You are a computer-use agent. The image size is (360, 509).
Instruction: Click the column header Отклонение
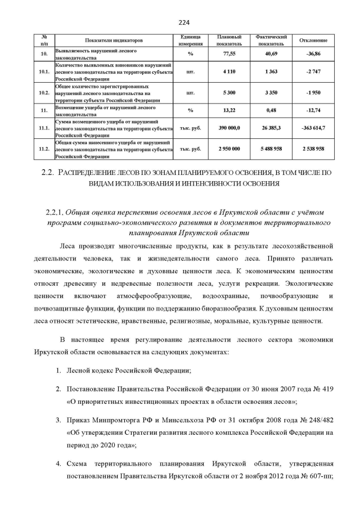pos(313,40)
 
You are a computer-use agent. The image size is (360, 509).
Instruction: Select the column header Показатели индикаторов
pos(114,40)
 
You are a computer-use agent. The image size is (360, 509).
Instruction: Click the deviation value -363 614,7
pos(313,128)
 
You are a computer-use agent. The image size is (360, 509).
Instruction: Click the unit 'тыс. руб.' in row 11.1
pos(190,128)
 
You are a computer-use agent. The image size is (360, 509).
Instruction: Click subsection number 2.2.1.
pos(54,212)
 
